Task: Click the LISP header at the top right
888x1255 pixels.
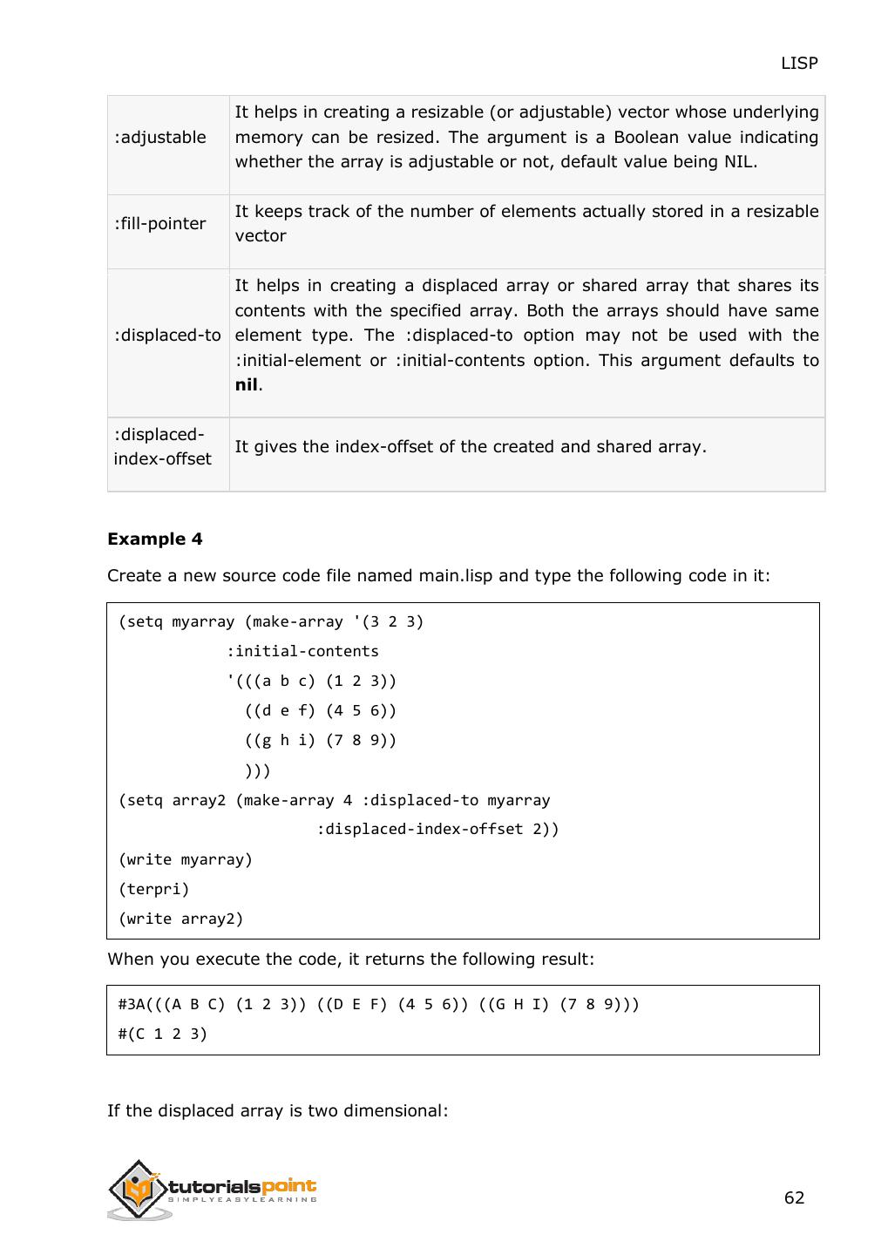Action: click(799, 63)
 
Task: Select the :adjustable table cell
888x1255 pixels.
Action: click(160, 138)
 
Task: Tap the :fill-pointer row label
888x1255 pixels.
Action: click(160, 224)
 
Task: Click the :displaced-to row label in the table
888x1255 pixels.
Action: click(167, 336)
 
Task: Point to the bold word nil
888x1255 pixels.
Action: click(247, 385)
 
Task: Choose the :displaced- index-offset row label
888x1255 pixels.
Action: click(163, 447)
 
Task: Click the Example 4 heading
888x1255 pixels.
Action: click(155, 539)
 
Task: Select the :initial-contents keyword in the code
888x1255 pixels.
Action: click(302, 652)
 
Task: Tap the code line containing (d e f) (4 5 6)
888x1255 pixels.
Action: click(321, 711)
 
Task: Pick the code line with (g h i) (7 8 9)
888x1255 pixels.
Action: click(321, 741)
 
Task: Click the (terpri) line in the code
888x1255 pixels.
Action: click(154, 890)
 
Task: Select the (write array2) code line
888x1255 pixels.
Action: click(181, 919)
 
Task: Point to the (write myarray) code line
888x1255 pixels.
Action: click(186, 860)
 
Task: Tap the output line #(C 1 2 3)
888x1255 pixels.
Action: click(163, 1035)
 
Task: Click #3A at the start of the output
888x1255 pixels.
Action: click(132, 1005)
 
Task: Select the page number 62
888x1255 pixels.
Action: click(794, 1198)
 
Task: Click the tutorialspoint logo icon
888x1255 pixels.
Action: click(136, 1189)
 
